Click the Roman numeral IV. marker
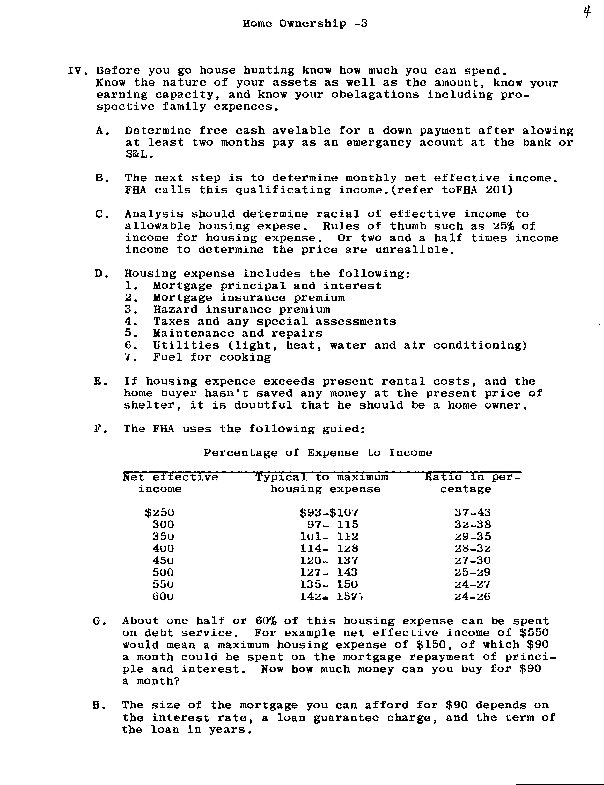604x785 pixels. (78, 70)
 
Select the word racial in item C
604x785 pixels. (338, 214)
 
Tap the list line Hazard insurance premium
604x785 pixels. (241, 310)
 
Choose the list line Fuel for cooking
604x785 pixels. (212, 357)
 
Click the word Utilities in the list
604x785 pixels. (186, 345)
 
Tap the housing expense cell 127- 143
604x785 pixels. (328, 572)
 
